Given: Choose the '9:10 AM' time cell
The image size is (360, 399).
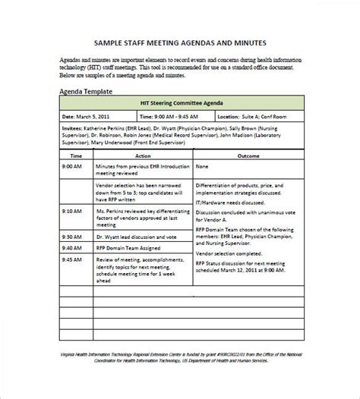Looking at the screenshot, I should click(x=72, y=211).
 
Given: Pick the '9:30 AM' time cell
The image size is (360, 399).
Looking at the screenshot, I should click(x=72, y=247).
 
